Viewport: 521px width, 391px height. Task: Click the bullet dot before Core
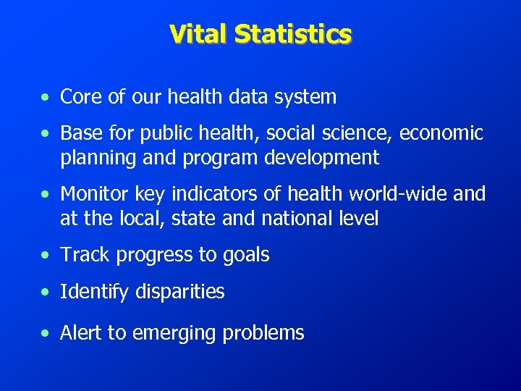click(x=46, y=97)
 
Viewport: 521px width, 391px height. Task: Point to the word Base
click(x=80, y=133)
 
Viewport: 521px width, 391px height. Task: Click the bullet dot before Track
click(x=46, y=255)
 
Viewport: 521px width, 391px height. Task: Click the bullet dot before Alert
click(x=46, y=333)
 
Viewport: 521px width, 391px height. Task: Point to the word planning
click(x=95, y=158)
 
